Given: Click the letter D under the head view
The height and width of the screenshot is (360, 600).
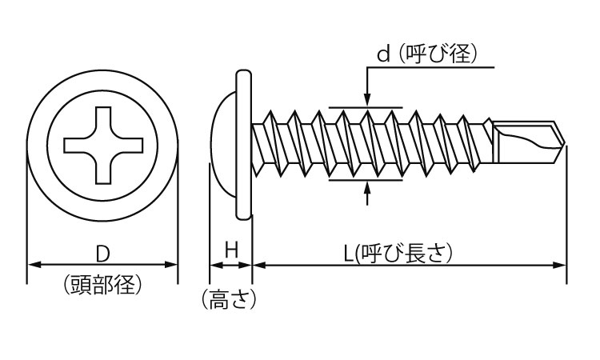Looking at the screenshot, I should tap(102, 254).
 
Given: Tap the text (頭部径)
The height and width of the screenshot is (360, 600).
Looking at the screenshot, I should tap(102, 284).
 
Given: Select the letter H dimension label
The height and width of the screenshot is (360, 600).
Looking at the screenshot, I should tap(231, 250).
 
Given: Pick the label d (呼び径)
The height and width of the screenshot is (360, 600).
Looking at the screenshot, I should tap(426, 54).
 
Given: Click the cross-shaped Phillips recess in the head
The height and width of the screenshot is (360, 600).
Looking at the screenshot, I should tap(102, 144).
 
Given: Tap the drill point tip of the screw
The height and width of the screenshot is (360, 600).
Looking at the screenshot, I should tap(565, 145).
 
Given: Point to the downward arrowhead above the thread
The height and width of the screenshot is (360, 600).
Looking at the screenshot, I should tap(367, 100).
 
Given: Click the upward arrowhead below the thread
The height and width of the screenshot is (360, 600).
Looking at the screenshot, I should tap(367, 188).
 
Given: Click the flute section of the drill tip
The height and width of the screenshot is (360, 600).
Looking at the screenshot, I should tap(524, 145).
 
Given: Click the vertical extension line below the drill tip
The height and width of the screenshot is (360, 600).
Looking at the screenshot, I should tap(566, 216).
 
